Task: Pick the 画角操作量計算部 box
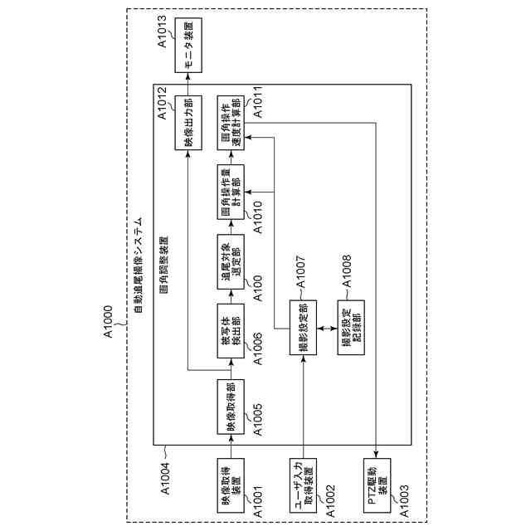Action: pyautogui.click(x=231, y=192)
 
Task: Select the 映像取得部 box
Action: pyautogui.click(x=231, y=406)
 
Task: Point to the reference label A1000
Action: pyautogui.click(x=110, y=330)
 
